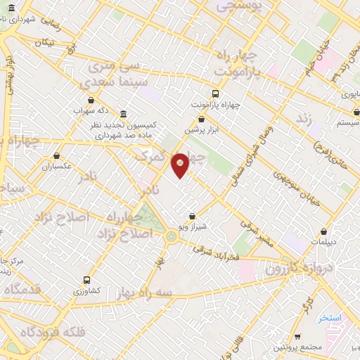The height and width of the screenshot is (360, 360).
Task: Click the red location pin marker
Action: [181, 165]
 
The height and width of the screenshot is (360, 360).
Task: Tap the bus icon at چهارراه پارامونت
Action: [215, 94]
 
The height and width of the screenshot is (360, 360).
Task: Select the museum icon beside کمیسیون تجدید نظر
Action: [124, 115]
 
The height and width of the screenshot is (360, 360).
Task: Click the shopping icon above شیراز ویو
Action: [193, 217]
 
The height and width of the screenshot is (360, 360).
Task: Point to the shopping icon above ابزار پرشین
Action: [202, 120]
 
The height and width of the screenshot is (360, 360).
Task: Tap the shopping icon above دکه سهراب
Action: [91, 101]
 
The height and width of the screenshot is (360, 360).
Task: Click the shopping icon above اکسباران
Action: [57, 156]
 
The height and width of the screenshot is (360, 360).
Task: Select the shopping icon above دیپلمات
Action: [323, 231]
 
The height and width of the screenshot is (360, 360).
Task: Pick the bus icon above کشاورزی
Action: [86, 279]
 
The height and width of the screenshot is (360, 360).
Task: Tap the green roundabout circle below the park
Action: [172, 236]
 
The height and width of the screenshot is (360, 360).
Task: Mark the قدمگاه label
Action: [21, 289]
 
